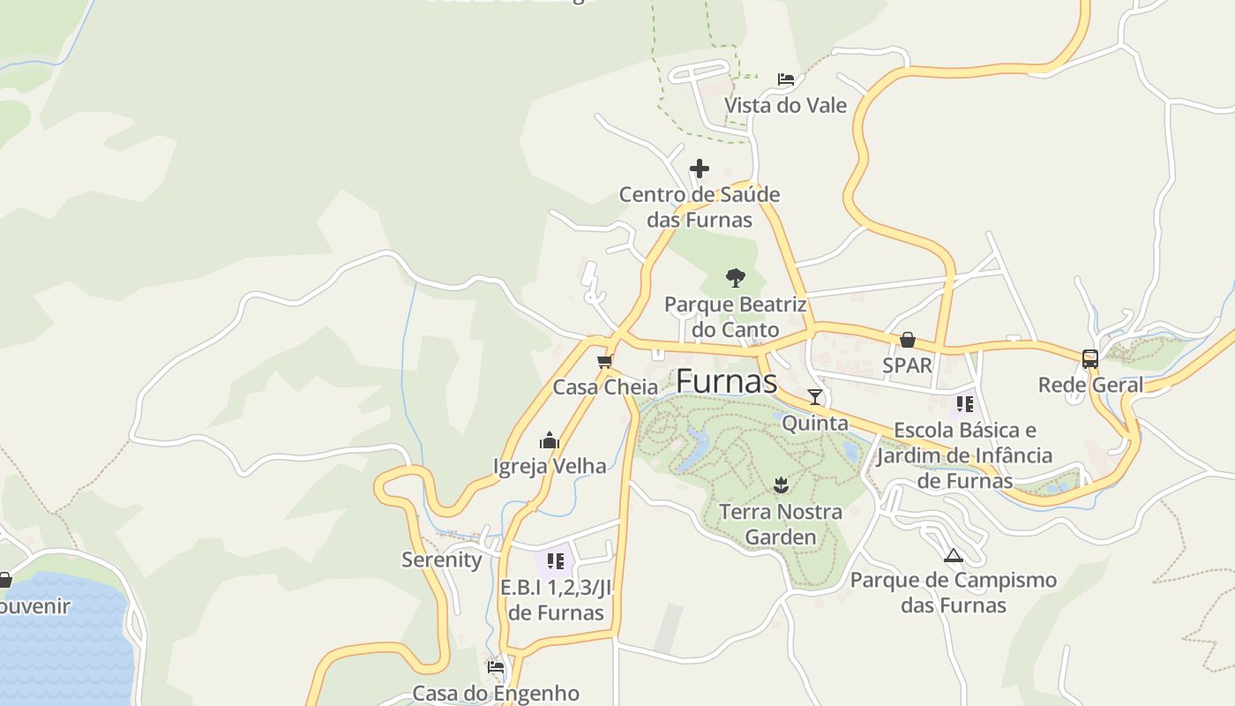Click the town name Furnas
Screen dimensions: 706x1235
[x=726, y=381]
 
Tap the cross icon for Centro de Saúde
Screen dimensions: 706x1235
[x=699, y=168]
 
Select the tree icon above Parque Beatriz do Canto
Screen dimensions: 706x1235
[x=735, y=278]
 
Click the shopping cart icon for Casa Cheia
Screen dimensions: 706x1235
[x=605, y=361]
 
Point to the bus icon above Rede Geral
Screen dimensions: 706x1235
[x=1090, y=358]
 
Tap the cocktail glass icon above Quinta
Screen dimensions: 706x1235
[x=815, y=397]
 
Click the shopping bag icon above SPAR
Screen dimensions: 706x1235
[x=907, y=340]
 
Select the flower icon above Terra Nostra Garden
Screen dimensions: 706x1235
[x=781, y=484]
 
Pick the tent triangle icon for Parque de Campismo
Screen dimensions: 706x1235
[x=953, y=555]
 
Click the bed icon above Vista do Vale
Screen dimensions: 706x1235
[x=786, y=79]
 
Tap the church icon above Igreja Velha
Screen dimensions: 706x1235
[x=550, y=440]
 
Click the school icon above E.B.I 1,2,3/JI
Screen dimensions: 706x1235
[x=555, y=560]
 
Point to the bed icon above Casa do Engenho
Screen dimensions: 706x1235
[x=496, y=667]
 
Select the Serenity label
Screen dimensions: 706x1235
[x=441, y=560]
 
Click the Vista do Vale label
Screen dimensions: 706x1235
[x=785, y=106]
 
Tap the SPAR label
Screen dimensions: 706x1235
[x=907, y=365]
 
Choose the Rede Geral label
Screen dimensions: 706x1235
[x=1090, y=385]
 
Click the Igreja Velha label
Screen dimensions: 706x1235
[x=550, y=466]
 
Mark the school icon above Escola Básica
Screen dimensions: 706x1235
[x=965, y=404]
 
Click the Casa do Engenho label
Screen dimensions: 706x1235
[x=496, y=693]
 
